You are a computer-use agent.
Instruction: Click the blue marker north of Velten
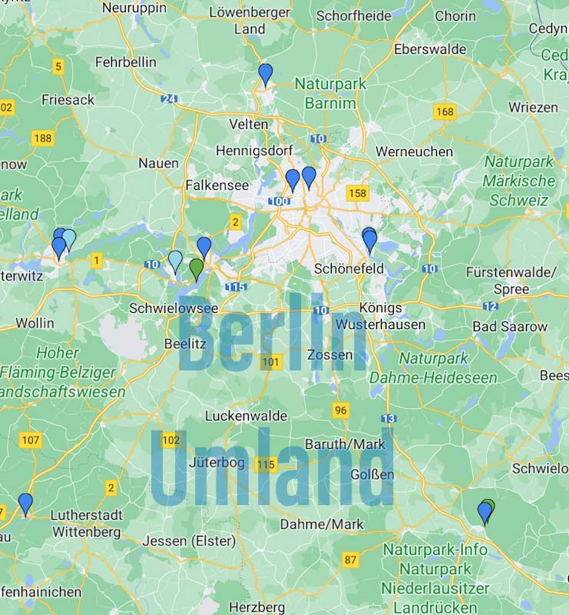tap(266, 73)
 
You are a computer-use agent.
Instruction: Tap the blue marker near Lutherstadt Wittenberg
tap(26, 504)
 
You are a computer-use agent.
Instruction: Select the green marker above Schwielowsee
tap(197, 268)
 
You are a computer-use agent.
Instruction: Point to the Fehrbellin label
tap(125, 61)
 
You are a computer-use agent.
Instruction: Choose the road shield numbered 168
tap(444, 112)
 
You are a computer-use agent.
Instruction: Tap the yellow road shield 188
tap(43, 138)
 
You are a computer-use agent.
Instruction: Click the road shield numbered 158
tap(356, 192)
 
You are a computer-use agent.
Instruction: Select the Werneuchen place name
tap(414, 152)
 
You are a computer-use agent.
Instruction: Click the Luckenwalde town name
tap(246, 416)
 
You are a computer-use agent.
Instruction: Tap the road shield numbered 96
tap(341, 411)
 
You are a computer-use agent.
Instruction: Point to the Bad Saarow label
tap(510, 326)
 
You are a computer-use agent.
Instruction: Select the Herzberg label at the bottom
tap(257, 607)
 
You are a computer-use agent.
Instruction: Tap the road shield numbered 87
tap(351, 560)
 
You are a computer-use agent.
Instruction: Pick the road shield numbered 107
tap(31, 440)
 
